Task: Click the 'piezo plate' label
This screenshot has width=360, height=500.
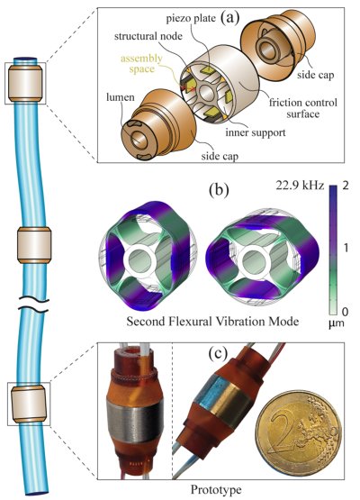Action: tap(191, 18)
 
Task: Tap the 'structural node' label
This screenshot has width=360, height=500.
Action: tap(148, 36)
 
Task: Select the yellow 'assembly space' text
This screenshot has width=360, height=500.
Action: tap(141, 63)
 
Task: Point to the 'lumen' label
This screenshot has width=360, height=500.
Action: tap(121, 97)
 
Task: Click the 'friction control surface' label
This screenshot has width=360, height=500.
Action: tap(302, 108)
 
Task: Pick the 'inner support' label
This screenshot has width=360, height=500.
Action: tap(256, 132)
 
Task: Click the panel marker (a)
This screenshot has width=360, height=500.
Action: tap(229, 18)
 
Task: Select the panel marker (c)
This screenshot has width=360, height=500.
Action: tap(218, 353)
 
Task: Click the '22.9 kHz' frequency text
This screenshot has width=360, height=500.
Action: tap(300, 186)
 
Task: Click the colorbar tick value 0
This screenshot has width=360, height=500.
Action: tap(345, 311)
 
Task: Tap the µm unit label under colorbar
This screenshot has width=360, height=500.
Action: tap(337, 323)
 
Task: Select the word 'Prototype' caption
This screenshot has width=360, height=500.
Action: tap(216, 489)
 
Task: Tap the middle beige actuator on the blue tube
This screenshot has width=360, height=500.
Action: tap(34, 245)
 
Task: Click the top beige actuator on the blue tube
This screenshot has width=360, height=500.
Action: tap(25, 83)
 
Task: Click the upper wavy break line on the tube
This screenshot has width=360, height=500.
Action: tap(33, 299)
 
